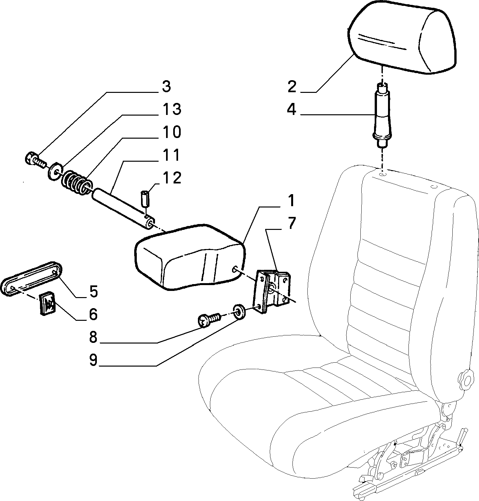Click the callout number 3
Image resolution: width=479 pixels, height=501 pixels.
166,87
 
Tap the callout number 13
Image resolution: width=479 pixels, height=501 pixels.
172,109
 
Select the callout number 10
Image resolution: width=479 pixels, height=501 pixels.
172,132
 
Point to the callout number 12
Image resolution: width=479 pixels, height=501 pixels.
172,178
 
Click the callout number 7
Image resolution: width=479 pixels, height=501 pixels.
291,223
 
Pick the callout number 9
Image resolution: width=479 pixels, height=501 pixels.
93,360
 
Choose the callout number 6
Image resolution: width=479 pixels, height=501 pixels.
93,314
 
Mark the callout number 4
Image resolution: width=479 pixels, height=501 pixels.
291,109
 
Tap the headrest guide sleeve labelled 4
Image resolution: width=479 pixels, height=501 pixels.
382,115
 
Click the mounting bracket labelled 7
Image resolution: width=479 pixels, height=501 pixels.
271,290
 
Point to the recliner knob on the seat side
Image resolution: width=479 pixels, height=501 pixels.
466,379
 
